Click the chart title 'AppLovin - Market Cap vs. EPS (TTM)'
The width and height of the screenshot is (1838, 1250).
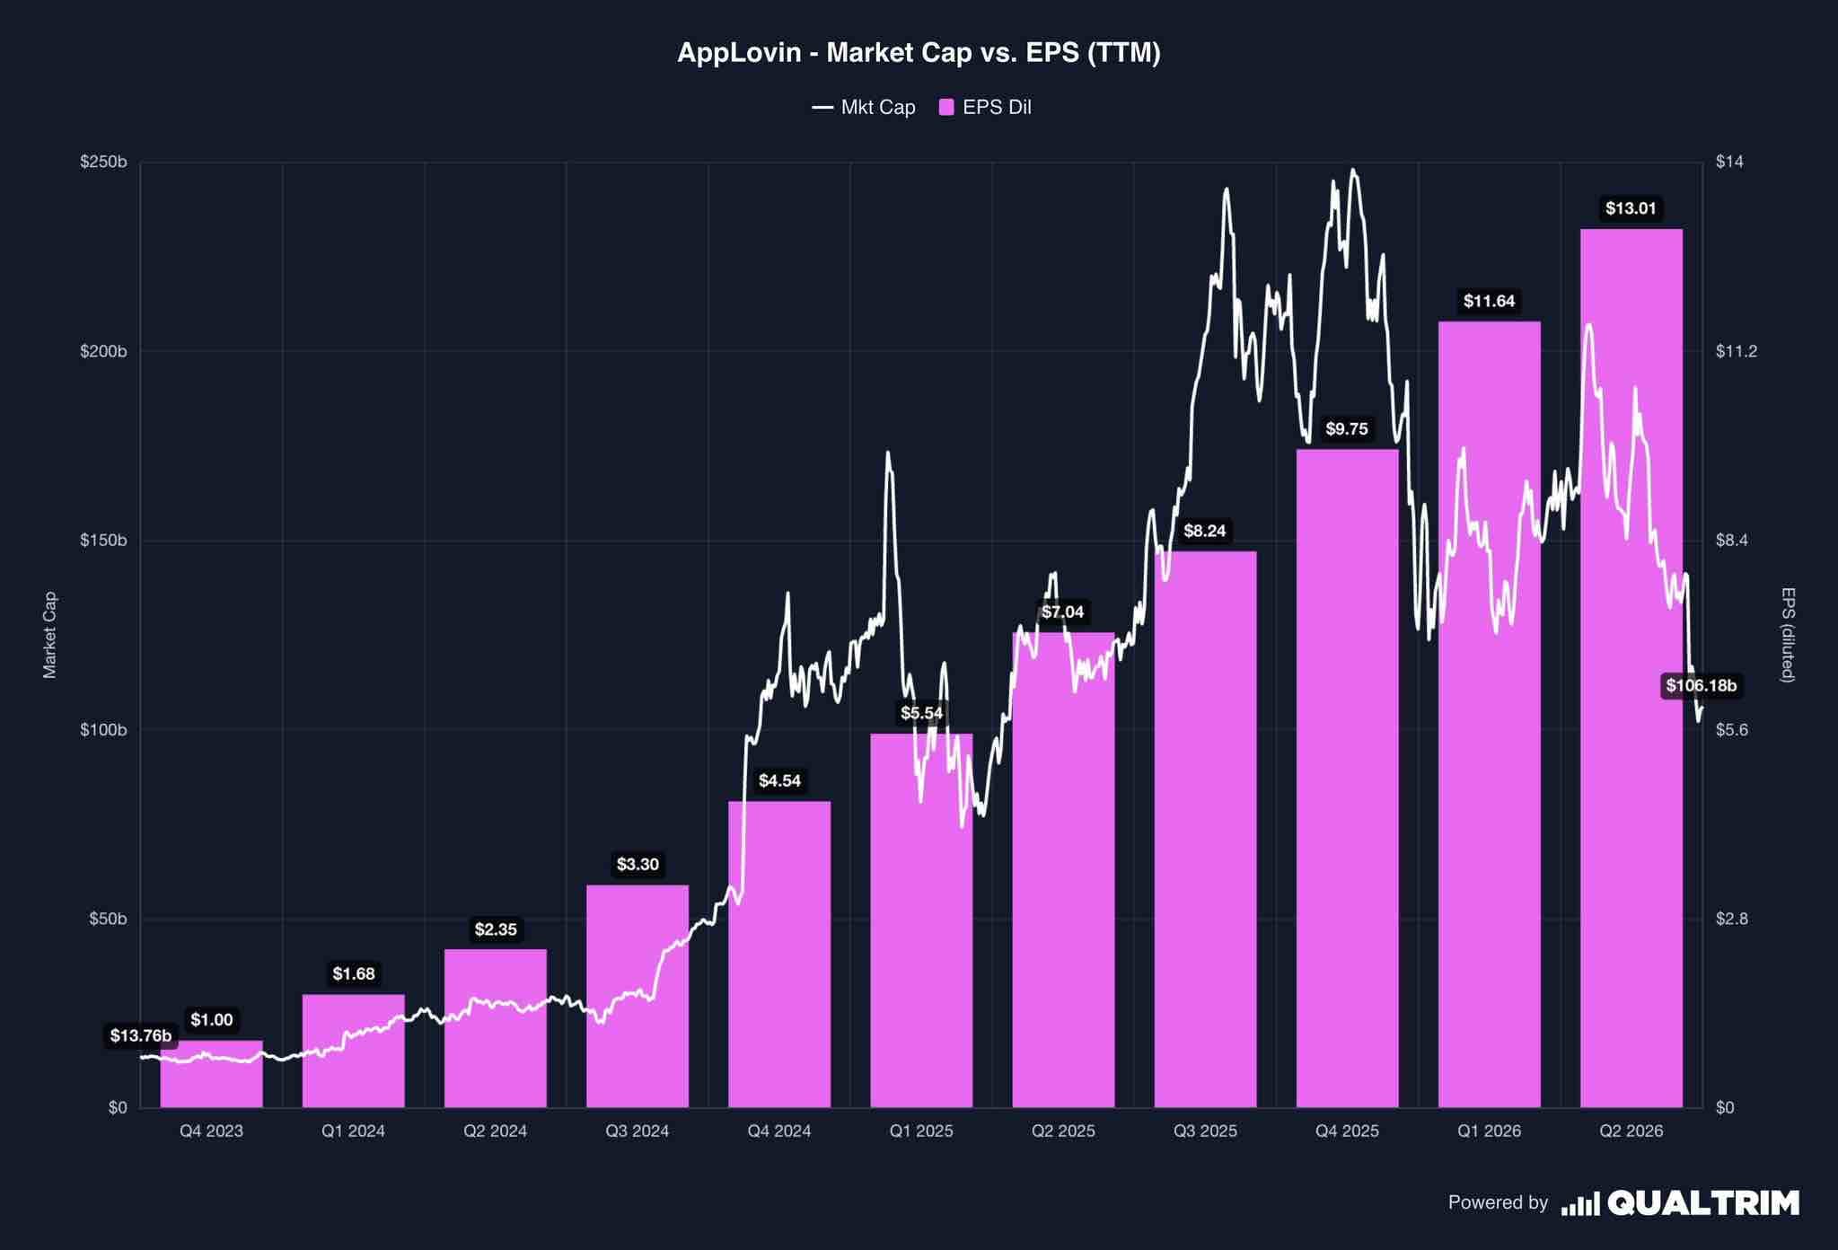click(919, 53)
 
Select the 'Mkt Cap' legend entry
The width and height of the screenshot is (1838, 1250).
click(864, 108)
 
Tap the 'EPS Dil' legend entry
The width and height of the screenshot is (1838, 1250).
click(985, 108)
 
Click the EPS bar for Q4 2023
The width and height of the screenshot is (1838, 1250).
click(212, 1074)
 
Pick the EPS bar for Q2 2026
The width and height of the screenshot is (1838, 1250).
click(1631, 668)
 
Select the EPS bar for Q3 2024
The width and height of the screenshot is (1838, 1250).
click(638, 996)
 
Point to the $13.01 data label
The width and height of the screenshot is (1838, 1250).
click(1631, 209)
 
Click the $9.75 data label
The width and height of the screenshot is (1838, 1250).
click(1347, 429)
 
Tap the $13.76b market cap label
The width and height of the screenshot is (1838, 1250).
click(141, 1035)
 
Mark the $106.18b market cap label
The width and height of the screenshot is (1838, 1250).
click(1702, 686)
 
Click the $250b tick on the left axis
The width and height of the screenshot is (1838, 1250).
click(103, 163)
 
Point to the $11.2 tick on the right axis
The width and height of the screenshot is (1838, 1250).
click(1736, 351)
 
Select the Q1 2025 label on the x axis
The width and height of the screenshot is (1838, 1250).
click(921, 1131)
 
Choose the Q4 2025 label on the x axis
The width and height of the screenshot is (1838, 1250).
click(1347, 1131)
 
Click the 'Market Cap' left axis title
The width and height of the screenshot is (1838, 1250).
click(50, 635)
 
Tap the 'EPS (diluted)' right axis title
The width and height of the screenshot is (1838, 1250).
click(1788, 635)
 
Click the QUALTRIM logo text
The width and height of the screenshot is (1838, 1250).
click(1703, 1202)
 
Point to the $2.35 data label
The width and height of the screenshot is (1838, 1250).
click(496, 929)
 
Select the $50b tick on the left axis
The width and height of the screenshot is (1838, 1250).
click(108, 919)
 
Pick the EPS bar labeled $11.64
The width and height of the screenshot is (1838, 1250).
click(1490, 714)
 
